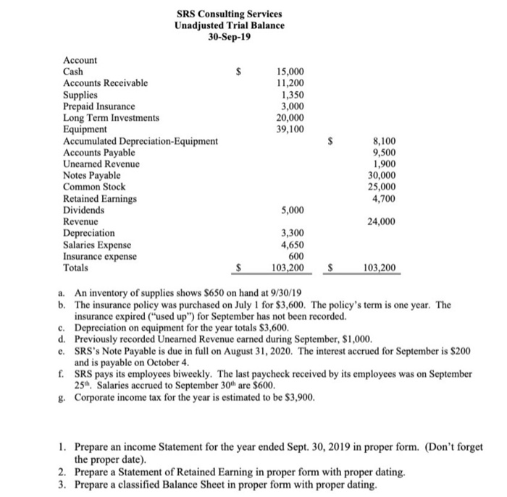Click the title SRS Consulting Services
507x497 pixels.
229,14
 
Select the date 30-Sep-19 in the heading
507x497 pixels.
229,37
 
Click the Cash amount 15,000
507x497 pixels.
291,72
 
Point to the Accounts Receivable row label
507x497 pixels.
106,83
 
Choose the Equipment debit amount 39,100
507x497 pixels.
290,129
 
